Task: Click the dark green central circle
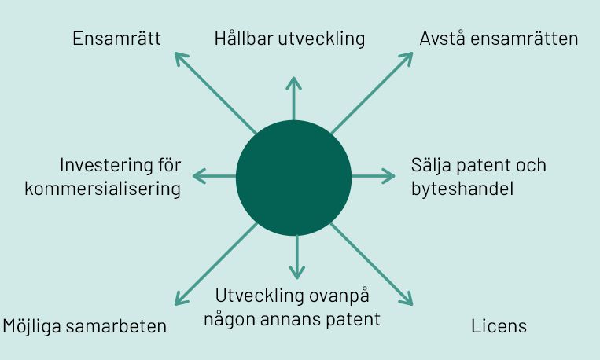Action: pos(293,178)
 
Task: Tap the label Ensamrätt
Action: pos(116,39)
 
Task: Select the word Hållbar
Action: pos(244,39)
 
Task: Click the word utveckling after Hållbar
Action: pos(322,39)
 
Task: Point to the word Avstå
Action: pos(443,39)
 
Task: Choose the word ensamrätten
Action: pos(525,39)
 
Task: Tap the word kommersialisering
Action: pos(102,189)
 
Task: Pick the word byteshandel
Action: pos(462,189)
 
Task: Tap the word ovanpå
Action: pos(339,296)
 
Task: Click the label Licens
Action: pos(499,326)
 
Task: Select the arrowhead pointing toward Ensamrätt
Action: pos(181,58)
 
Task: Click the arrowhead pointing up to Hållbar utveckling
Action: pos(293,83)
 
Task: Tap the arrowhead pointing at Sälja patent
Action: pos(389,176)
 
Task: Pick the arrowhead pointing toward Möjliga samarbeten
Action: pos(181,299)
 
